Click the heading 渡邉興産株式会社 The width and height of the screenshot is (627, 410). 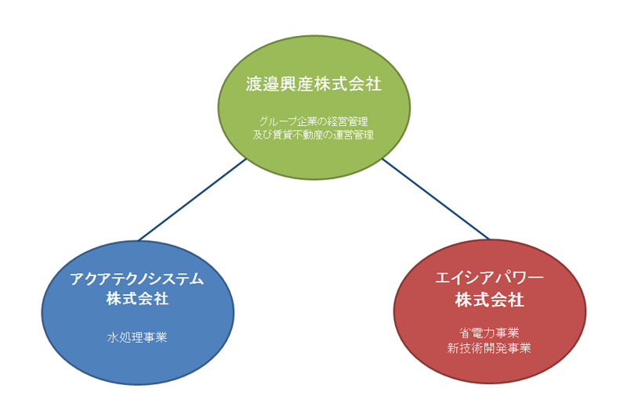[313, 85]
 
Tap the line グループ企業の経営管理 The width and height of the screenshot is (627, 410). [313, 121]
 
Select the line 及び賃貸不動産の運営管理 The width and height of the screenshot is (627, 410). [313, 135]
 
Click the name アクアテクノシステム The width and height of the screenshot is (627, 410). [137, 279]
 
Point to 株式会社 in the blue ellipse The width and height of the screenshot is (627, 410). [137, 299]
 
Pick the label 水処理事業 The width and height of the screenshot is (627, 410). [137, 337]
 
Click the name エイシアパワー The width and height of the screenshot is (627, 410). [489, 278]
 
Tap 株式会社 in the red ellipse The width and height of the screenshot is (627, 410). [489, 300]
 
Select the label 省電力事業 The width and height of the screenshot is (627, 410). [489, 333]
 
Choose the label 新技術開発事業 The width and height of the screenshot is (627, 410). [489, 348]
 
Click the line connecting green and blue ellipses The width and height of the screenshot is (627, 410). [192, 200]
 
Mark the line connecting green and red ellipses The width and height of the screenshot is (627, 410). [437, 199]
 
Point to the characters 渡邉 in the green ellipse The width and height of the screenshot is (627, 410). [263, 85]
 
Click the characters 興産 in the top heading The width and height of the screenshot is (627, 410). [296, 85]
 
